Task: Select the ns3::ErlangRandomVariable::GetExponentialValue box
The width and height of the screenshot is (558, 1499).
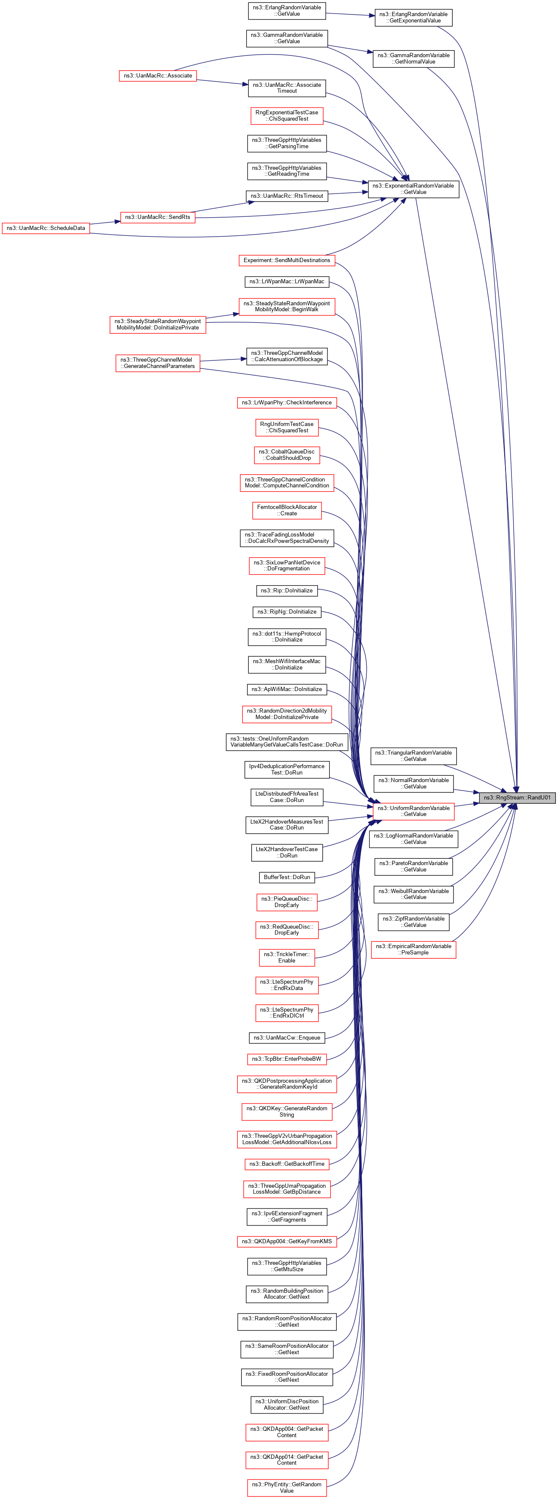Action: [413, 17]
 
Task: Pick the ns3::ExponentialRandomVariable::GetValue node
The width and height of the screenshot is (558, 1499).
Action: [413, 188]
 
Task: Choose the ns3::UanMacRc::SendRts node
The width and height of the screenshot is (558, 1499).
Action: [157, 217]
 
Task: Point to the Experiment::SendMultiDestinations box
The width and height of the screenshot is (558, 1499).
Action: [286, 260]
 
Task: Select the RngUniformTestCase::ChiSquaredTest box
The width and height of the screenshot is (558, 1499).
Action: [286, 427]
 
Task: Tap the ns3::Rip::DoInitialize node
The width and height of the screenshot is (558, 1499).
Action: [286, 591]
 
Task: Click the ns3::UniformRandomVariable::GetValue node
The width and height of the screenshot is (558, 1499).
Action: [413, 811]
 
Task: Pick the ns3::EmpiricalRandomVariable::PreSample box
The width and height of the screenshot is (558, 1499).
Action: [413, 949]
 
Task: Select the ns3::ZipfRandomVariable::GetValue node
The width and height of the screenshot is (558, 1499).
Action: [413, 922]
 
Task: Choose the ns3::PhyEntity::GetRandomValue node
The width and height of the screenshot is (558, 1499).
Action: [286, 1488]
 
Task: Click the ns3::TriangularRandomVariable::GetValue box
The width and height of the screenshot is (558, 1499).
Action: [413, 756]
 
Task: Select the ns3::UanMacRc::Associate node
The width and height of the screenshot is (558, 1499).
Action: [157, 76]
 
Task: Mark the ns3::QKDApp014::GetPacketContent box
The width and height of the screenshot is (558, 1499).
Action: [286, 1460]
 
